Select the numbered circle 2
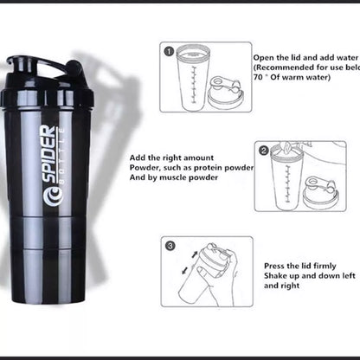click(x=264, y=151)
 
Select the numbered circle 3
click(x=170, y=246)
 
